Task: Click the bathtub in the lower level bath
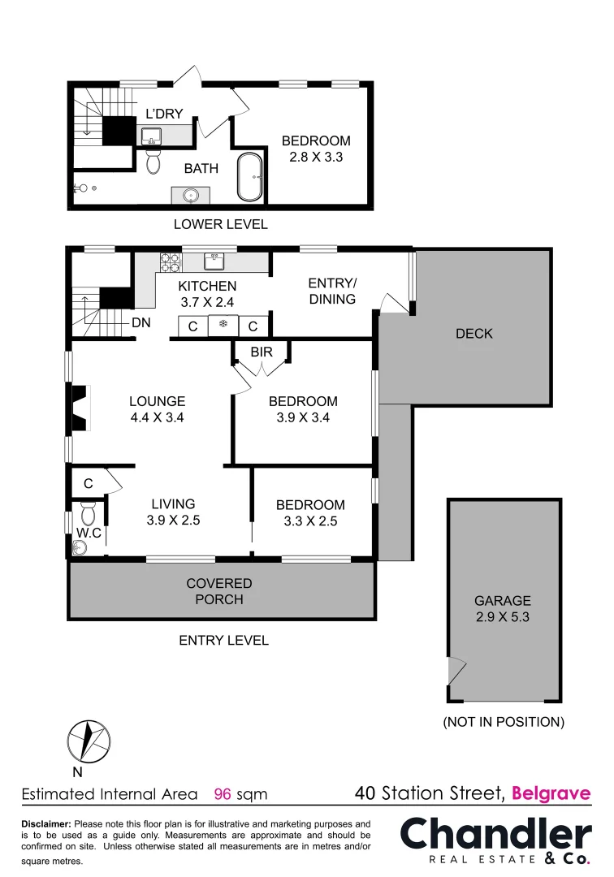coord(249,176)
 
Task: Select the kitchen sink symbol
coord(215,261)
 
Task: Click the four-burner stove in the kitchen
coord(170,261)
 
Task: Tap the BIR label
coord(262,352)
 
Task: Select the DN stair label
coord(141,323)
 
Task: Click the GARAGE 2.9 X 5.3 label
coord(503,609)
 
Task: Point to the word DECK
coord(474,334)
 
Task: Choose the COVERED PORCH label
coord(219,591)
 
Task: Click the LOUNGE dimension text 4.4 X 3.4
coord(158,418)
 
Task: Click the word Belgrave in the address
coord(551,793)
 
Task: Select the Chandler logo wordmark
coord(495,834)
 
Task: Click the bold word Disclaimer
coord(46,823)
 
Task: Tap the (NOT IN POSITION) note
coord(504,722)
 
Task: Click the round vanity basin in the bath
coord(191,195)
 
